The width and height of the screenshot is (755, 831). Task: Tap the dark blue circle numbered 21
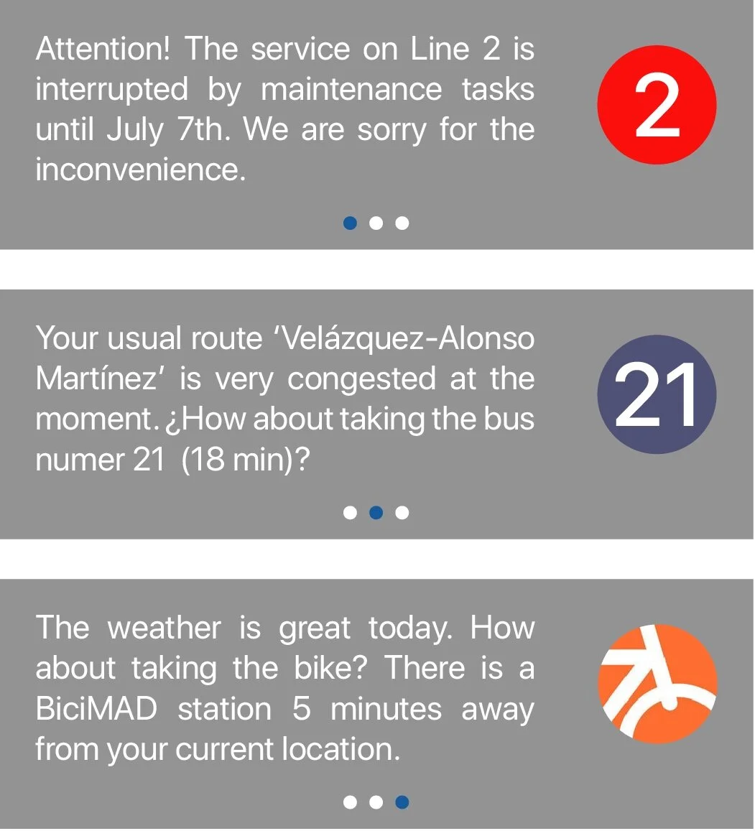coord(657,394)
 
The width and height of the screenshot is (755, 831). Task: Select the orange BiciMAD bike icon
coord(657,683)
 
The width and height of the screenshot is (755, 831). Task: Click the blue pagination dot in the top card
coord(350,223)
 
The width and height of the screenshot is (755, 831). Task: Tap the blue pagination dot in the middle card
coord(376,513)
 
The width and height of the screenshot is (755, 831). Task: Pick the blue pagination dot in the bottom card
coord(402,802)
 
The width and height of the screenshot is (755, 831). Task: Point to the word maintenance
coord(351,90)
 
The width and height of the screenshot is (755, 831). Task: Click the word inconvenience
coord(140,170)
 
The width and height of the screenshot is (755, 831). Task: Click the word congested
coord(361,379)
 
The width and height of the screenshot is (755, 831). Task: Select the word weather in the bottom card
coord(164,628)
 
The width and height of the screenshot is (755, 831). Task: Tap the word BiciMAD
coord(96,710)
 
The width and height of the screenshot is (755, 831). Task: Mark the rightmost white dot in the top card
coord(402,223)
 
